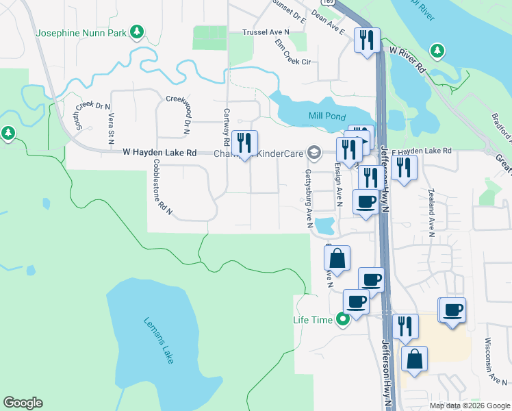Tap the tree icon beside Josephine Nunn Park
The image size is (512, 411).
pyautogui.click(x=137, y=32)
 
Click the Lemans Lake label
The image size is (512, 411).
pyautogui.click(x=159, y=340)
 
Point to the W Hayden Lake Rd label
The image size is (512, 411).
pyautogui.click(x=159, y=152)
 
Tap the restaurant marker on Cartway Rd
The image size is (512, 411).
pyautogui.click(x=244, y=143)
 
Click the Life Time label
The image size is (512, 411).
pyautogui.click(x=313, y=320)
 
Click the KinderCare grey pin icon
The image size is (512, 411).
pyautogui.click(x=314, y=152)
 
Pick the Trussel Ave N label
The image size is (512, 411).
pyautogui.click(x=266, y=32)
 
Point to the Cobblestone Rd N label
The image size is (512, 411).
pyautogui.click(x=162, y=188)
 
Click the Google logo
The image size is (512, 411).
pyautogui.click(x=23, y=403)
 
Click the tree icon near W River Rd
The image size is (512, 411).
pyautogui.click(x=436, y=50)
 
